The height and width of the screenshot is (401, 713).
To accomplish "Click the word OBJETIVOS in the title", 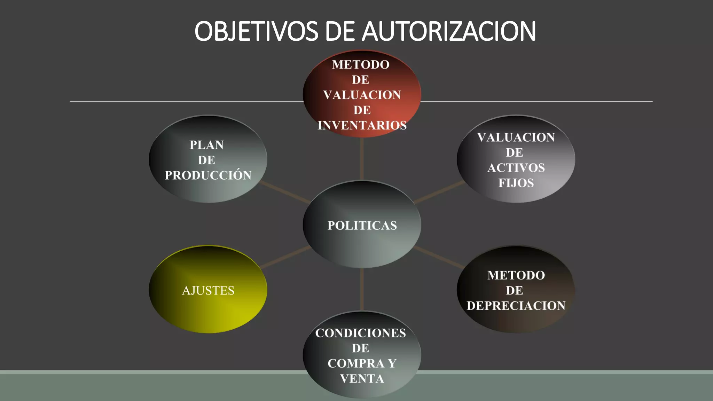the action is [x=256, y=31].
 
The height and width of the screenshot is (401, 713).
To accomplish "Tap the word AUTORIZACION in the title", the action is [x=449, y=31].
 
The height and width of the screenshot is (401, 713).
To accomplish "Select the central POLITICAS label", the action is [x=362, y=226].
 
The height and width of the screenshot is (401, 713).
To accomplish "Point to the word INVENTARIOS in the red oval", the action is [x=362, y=125].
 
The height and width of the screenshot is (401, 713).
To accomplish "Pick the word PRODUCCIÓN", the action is [x=208, y=175].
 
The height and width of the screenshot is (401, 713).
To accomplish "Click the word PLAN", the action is [x=207, y=145].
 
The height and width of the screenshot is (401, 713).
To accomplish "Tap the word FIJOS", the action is [x=516, y=183].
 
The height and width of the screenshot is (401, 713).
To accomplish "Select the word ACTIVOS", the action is [x=516, y=168].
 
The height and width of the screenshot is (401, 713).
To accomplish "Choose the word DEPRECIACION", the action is [x=516, y=306].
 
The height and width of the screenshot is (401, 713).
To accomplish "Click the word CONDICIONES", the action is [x=361, y=333].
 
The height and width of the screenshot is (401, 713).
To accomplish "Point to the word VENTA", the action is [x=362, y=378].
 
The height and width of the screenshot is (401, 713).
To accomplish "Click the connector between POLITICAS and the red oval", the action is [x=362, y=159].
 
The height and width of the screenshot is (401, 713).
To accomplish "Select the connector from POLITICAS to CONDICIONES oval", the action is [x=362, y=289].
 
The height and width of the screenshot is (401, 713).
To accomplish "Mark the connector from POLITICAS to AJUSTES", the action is [x=285, y=257].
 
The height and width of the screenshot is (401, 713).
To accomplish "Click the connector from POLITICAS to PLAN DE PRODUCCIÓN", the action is [x=285, y=192].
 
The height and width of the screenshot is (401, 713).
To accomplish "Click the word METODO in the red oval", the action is [x=361, y=65].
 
